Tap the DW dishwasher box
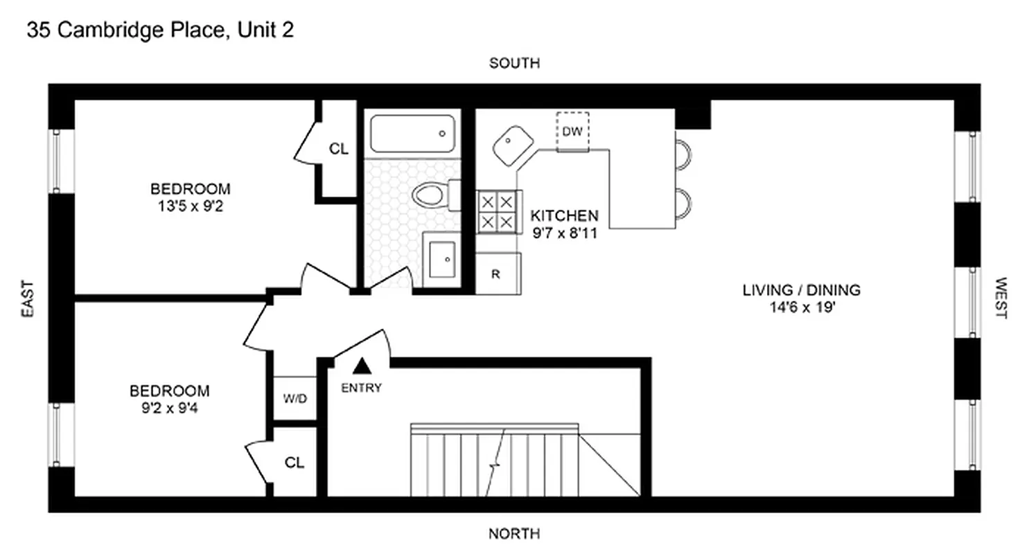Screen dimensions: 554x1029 (x=572, y=131)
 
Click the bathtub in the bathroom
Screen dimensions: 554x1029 (x=412, y=134)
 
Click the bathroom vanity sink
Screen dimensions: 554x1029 (x=442, y=259)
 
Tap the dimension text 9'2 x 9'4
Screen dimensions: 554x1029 (x=170, y=407)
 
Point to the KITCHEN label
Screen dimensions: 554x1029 (x=564, y=215)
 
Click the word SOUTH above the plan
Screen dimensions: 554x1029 (x=514, y=64)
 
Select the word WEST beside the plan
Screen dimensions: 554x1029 (x=1001, y=298)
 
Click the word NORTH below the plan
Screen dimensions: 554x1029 (x=514, y=534)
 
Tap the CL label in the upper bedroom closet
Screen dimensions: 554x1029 (x=339, y=149)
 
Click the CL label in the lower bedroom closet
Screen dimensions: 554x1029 (x=295, y=463)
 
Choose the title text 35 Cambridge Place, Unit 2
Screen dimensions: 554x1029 (x=160, y=31)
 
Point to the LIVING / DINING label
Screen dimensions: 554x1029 (x=801, y=290)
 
